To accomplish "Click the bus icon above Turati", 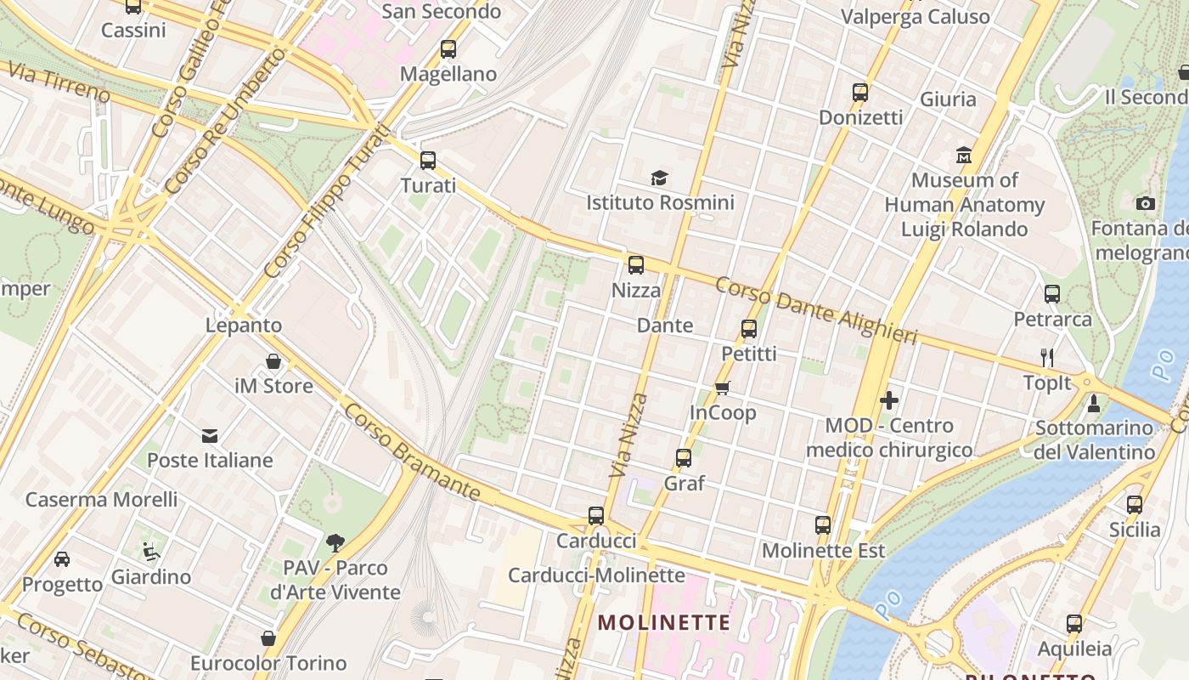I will pyautogui.click(x=428, y=160).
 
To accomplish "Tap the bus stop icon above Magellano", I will pyautogui.click(x=448, y=49).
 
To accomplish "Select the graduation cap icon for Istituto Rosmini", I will pyautogui.click(x=660, y=178).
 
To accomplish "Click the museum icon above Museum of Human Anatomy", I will pyautogui.click(x=964, y=156).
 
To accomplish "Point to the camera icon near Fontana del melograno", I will pyautogui.click(x=1146, y=203).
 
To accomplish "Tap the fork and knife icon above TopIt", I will pyautogui.click(x=1047, y=358).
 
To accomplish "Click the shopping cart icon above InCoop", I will pyautogui.click(x=723, y=388).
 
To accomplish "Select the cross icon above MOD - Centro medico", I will pyautogui.click(x=889, y=399).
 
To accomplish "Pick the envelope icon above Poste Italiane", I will pyautogui.click(x=210, y=436).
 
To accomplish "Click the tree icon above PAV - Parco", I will pyautogui.click(x=335, y=542).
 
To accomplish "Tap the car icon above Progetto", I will pyautogui.click(x=62, y=559).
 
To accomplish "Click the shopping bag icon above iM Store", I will pyautogui.click(x=273, y=361).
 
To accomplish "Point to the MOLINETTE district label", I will pyautogui.click(x=663, y=623).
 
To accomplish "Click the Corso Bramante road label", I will pyautogui.click(x=412, y=452).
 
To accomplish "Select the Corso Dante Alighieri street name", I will pyautogui.click(x=816, y=310).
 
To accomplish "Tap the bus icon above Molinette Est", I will pyautogui.click(x=823, y=525).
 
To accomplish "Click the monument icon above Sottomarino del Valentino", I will pyautogui.click(x=1094, y=404).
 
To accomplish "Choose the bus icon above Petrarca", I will pyautogui.click(x=1052, y=294).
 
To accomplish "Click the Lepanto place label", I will pyautogui.click(x=244, y=326).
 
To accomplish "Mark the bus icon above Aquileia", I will pyautogui.click(x=1074, y=624).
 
